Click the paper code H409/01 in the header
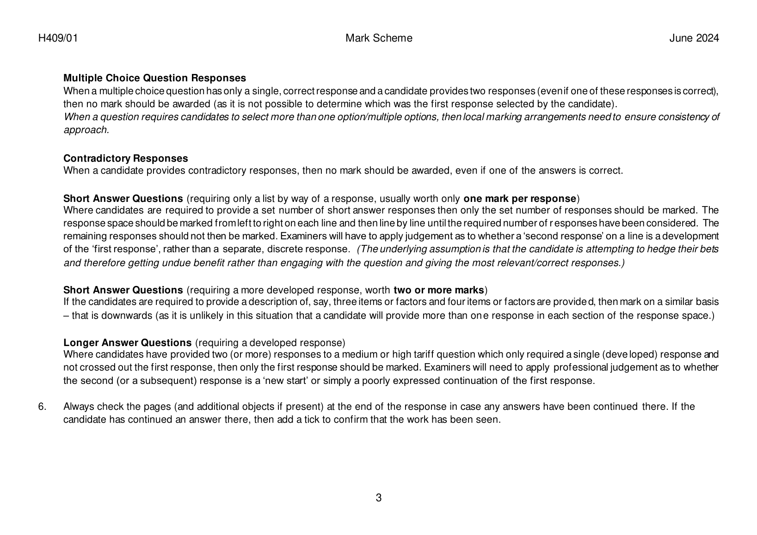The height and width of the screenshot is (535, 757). pos(58,38)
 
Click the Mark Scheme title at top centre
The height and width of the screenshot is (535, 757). pos(379,38)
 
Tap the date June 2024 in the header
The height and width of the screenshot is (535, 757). pos(694,38)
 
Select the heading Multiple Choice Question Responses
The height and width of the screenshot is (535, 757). pos(154,78)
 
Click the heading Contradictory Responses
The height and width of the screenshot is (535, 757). pos(125,158)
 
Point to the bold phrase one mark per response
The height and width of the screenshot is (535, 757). pos(520,199)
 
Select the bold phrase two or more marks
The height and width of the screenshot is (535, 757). pos(438,290)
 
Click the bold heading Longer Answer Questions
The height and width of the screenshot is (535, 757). pos(127,343)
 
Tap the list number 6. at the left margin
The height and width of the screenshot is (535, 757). pos(43,407)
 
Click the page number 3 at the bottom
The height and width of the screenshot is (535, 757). pos(379,498)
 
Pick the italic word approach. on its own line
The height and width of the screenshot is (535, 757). pos(86,130)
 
